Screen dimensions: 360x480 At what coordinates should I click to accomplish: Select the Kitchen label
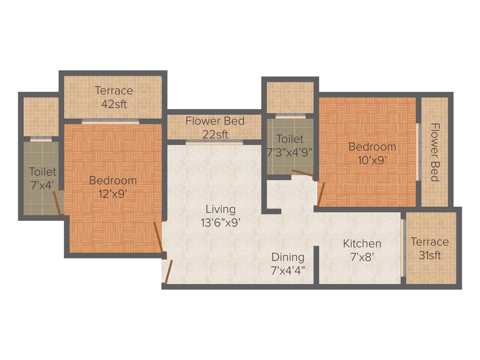tap(362, 244)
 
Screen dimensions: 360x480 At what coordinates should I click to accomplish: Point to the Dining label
tap(288, 257)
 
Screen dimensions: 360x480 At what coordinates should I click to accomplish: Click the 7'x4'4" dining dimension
tap(288, 270)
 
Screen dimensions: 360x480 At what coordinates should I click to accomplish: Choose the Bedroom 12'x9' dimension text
tap(113, 194)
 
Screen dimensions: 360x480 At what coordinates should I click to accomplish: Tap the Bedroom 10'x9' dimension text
tap(372, 160)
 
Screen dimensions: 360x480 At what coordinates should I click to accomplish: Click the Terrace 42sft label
tap(113, 97)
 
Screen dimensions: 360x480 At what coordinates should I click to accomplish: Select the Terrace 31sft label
tap(430, 248)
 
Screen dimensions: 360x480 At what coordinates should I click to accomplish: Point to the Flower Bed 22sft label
tap(215, 127)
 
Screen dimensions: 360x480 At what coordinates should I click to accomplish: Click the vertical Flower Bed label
tap(435, 152)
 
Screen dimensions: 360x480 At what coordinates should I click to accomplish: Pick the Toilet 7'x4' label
tap(43, 178)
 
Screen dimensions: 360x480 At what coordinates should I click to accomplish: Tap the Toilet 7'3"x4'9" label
tap(290, 145)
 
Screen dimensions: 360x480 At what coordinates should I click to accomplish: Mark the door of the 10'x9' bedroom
tap(321, 194)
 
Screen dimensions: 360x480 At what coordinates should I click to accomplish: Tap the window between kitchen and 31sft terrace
tap(403, 248)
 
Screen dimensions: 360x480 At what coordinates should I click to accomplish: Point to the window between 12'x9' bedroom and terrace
tap(111, 121)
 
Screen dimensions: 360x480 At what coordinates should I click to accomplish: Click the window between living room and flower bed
tap(214, 142)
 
